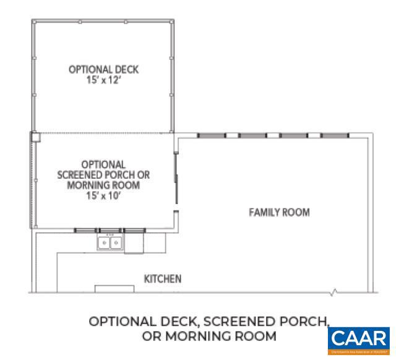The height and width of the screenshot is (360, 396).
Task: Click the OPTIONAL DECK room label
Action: pyautogui.click(x=104, y=69)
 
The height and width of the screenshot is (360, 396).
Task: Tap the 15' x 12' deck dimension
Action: pyautogui.click(x=104, y=80)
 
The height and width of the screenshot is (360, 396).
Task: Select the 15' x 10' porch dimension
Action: pyautogui.click(x=103, y=194)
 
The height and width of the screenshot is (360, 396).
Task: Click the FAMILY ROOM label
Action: pyautogui.click(x=279, y=212)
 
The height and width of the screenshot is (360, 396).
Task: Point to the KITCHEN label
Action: pyautogui.click(x=163, y=279)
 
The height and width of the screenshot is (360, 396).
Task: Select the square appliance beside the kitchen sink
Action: pyautogui.click(x=134, y=243)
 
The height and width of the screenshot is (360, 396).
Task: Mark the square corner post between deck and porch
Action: pyautogui.click(x=36, y=137)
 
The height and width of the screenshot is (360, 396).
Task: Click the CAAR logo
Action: pyautogui.click(x=358, y=340)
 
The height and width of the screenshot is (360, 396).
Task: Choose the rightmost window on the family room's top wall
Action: pyautogui.click(x=335, y=135)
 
